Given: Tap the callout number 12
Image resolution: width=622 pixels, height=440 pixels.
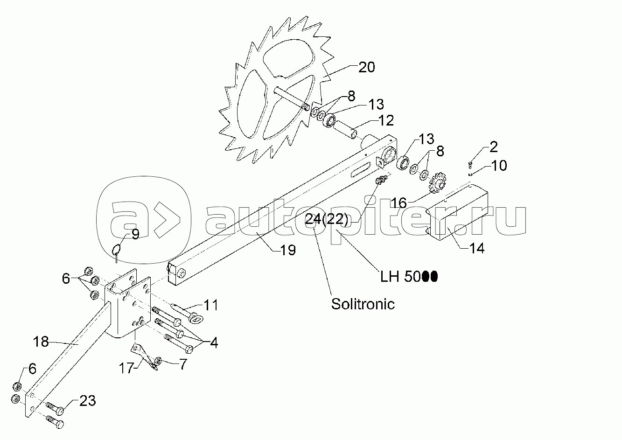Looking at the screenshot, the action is pos(385,121).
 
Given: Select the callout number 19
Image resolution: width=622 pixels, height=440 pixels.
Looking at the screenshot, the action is pos(288,250).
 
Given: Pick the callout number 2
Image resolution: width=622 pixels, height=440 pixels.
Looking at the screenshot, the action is pos(493,147).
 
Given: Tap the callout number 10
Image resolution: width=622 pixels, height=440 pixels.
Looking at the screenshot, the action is pos(499,166).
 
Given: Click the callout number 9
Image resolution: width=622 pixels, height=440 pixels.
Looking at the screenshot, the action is pos(135,234).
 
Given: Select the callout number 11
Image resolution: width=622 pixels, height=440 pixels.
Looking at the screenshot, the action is pos(210,306).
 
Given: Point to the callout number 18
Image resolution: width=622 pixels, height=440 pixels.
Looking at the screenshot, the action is pos(41,342).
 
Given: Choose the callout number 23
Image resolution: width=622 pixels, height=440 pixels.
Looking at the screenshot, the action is pos(87,400).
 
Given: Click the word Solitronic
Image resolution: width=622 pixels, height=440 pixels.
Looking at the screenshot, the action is pos(363,304).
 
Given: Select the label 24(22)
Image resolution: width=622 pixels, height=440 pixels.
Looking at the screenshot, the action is pos(326,219).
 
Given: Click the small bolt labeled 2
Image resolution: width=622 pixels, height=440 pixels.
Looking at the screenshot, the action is pos(470,164).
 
